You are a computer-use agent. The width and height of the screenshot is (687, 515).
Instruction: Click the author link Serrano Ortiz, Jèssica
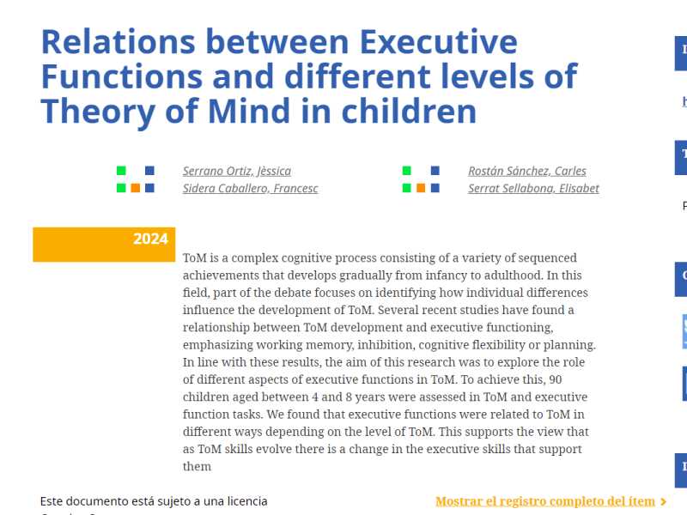coord(236,171)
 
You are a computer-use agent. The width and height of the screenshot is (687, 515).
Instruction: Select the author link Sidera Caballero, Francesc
coord(250,189)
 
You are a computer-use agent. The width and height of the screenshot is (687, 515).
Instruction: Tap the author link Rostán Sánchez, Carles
coord(526,171)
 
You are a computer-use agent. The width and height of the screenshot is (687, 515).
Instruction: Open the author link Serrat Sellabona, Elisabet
coord(533,189)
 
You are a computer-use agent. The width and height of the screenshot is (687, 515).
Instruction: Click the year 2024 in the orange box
coord(150,239)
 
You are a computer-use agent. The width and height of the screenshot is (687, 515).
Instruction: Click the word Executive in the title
coord(439,41)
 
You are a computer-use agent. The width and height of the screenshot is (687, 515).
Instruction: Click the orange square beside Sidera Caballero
coord(136,188)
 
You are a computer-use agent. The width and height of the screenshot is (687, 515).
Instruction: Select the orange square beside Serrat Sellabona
coord(421,188)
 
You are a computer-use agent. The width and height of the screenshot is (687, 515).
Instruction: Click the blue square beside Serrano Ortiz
coord(150,171)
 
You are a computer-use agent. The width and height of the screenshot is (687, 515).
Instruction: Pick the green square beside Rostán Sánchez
coord(407,171)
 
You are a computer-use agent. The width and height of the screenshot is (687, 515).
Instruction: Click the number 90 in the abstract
coord(555,379)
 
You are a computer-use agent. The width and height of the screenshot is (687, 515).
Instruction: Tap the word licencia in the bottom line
coord(246,500)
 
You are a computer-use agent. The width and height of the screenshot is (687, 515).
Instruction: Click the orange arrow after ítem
coord(664,501)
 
